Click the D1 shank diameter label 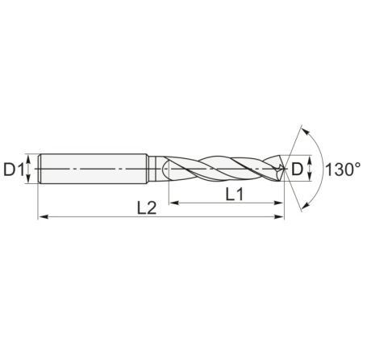coord(15,170)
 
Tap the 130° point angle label coord(342,170)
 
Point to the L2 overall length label coord(146,207)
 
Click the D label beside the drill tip coord(298,170)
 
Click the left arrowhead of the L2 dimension coord(43,217)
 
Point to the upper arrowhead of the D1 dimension coord(29,158)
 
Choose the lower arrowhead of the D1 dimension coord(29,181)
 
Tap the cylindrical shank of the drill coord(93,170)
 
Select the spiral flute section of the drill coord(226,170)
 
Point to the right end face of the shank coord(147,170)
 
